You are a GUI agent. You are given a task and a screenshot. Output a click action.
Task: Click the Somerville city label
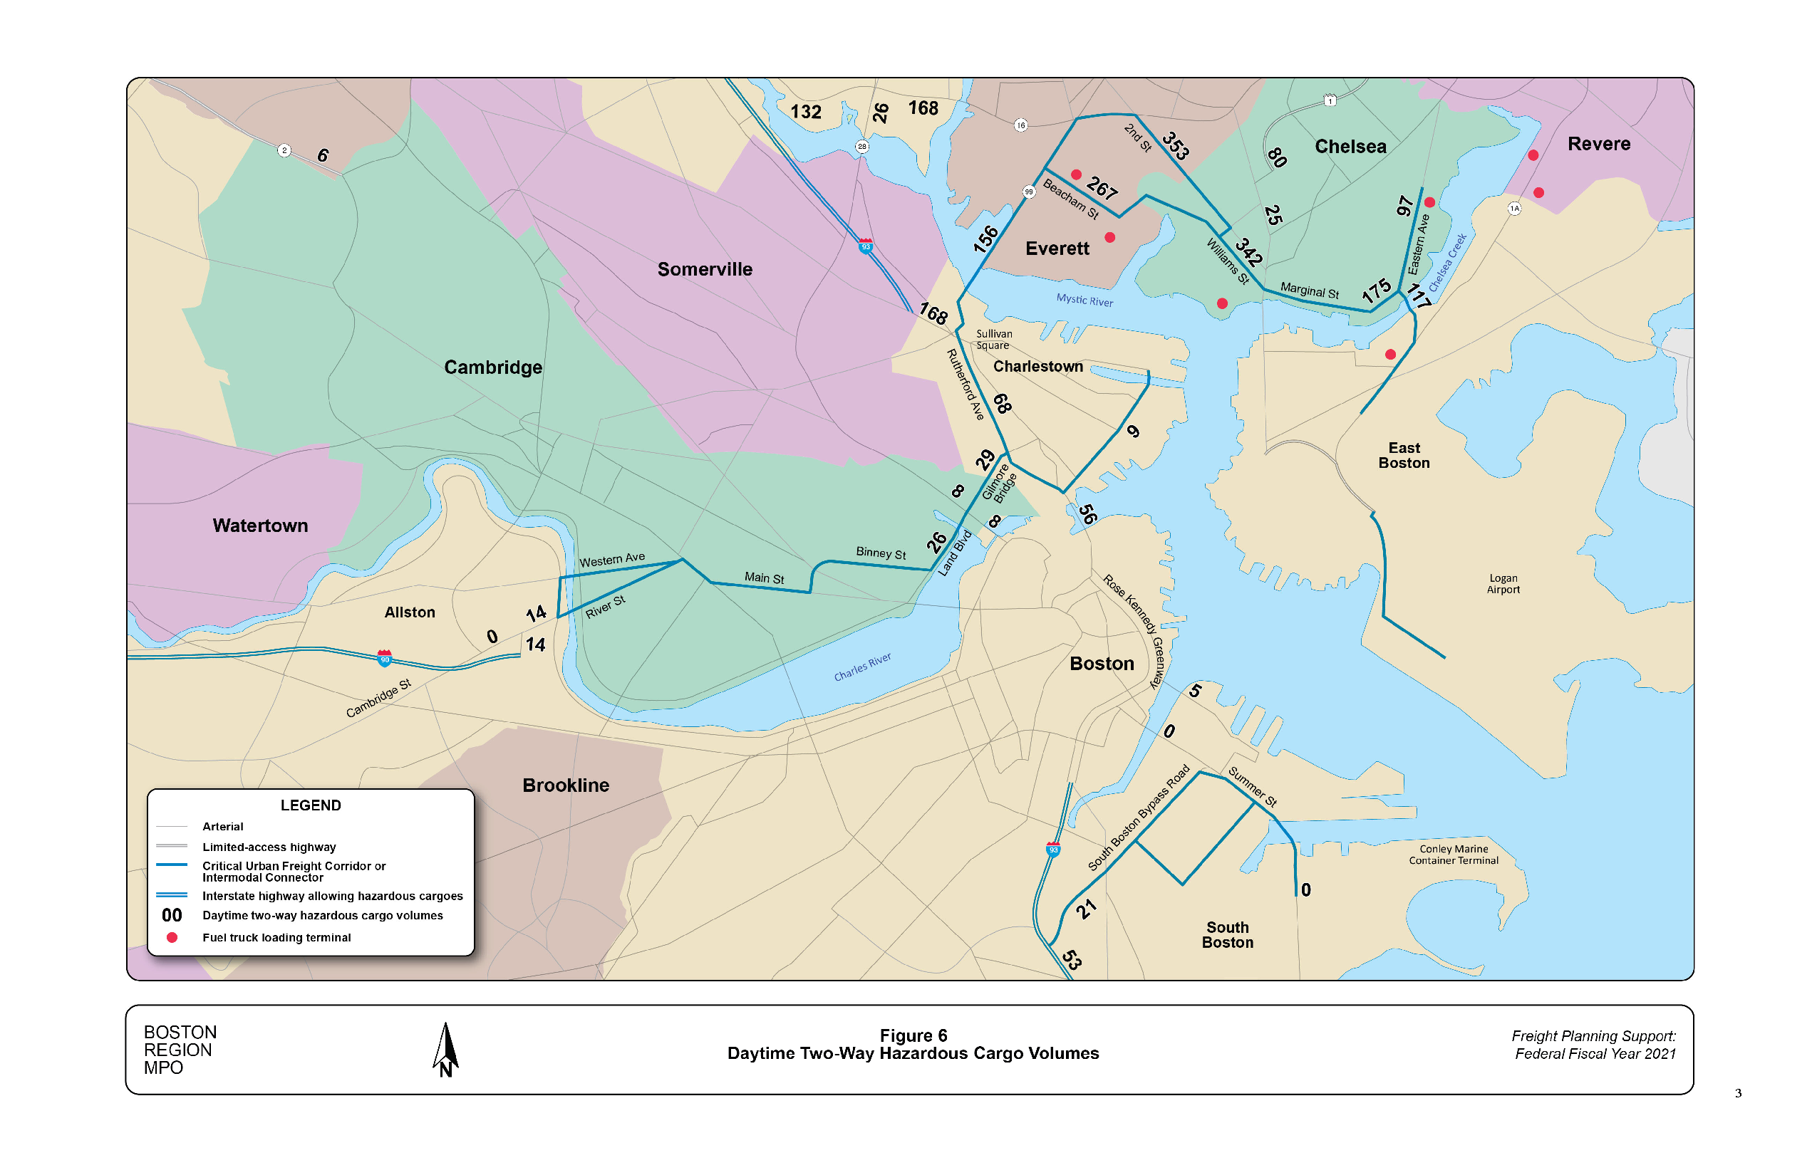click(704, 269)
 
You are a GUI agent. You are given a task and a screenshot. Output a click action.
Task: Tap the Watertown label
click(259, 526)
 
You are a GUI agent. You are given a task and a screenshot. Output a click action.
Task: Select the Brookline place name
click(565, 785)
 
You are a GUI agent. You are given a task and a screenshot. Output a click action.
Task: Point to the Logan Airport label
click(1503, 584)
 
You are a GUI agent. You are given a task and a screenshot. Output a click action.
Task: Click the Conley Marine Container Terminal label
click(1453, 855)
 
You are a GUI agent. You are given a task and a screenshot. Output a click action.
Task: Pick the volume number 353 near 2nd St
click(1175, 145)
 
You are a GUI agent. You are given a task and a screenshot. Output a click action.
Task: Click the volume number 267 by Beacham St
click(1102, 187)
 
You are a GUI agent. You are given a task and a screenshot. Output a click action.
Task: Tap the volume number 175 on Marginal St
click(1377, 291)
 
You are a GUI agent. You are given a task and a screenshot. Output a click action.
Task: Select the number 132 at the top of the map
click(805, 113)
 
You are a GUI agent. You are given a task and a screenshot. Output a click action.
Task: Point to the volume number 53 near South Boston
click(1072, 959)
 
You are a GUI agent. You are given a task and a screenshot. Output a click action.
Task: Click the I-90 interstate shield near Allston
click(385, 658)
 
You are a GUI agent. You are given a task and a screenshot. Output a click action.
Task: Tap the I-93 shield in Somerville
click(865, 246)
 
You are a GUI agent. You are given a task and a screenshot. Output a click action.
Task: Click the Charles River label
click(862, 667)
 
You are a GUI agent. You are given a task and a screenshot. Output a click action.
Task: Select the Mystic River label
click(1084, 300)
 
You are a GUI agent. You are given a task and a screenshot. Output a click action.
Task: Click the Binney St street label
click(880, 553)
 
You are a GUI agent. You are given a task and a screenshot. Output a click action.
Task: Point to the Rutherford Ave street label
click(965, 385)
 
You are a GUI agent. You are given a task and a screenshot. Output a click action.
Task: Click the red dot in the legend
click(172, 937)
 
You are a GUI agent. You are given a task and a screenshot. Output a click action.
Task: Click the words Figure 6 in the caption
click(913, 1035)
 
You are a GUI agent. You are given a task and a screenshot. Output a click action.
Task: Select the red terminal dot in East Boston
click(1390, 354)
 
